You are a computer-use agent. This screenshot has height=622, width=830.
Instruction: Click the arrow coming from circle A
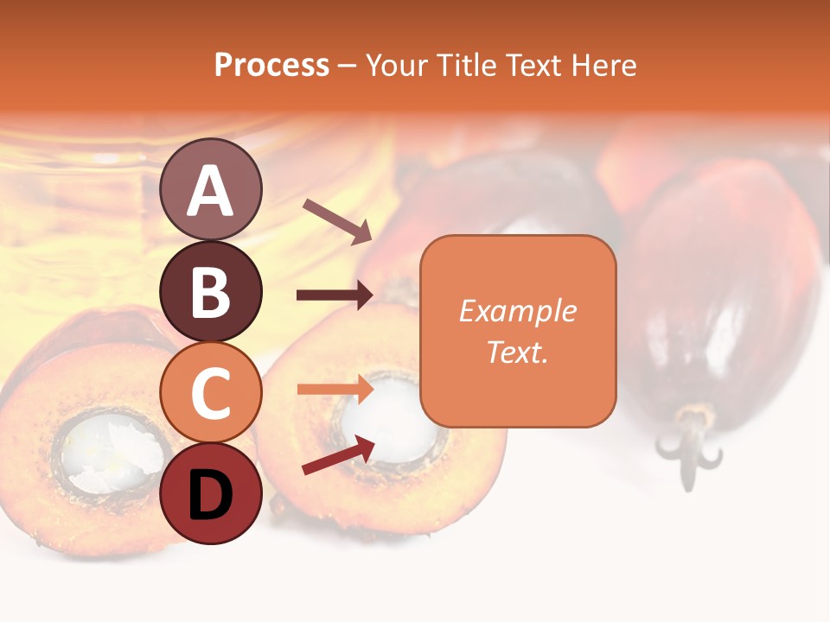[x=337, y=220]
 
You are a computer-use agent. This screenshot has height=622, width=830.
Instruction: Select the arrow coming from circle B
[x=335, y=295]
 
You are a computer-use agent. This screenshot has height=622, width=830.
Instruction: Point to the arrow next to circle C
[x=335, y=390]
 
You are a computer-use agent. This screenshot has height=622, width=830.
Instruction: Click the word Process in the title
[x=271, y=66]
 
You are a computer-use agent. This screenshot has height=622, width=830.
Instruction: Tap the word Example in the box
[x=518, y=311]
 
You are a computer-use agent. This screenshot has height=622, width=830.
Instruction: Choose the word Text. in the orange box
[x=518, y=352]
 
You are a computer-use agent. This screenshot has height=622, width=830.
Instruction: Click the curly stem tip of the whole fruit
[x=689, y=449]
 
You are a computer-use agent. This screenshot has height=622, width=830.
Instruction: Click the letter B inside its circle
[x=211, y=292]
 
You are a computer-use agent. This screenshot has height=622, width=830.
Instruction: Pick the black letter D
[x=211, y=496]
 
